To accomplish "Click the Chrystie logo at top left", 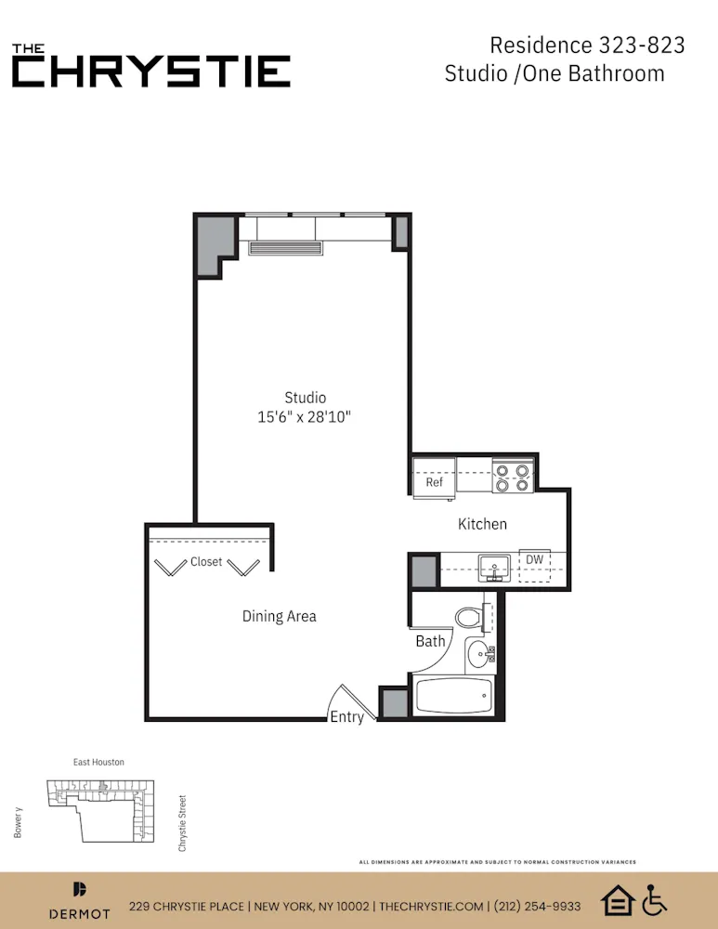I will (150, 65).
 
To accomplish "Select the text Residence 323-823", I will (587, 45).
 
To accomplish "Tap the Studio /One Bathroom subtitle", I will (555, 73).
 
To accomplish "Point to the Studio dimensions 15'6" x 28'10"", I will (305, 418).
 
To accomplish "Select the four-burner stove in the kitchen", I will (511, 477).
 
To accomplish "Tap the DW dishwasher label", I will (534, 560).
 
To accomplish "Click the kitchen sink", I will (494, 567).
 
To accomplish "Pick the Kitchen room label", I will (482, 524).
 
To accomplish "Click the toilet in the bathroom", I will (469, 617).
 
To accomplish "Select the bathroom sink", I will (480, 653).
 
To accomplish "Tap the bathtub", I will (453, 697).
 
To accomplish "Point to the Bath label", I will (430, 641).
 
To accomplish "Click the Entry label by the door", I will (347, 717).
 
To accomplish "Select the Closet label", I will (206, 562).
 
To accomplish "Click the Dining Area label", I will (279, 616).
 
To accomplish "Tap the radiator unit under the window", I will (284, 248).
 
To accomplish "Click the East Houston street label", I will (98, 763).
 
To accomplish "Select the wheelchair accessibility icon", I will (655, 900).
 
